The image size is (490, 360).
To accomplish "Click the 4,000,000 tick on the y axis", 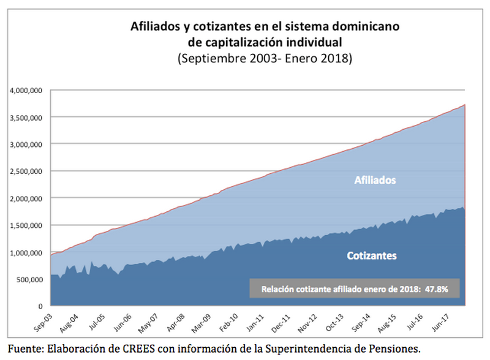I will pos(26,91).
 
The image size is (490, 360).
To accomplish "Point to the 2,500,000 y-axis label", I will pos(26,171).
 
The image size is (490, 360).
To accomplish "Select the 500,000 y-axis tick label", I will pos(29,279).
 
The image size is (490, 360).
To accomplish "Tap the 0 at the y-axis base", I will pos(40,306).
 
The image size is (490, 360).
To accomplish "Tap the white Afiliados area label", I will pos(375,181).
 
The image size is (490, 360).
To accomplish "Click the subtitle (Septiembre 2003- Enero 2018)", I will pos(265,59).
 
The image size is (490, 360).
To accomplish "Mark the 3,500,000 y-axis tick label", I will pos(26,118).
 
